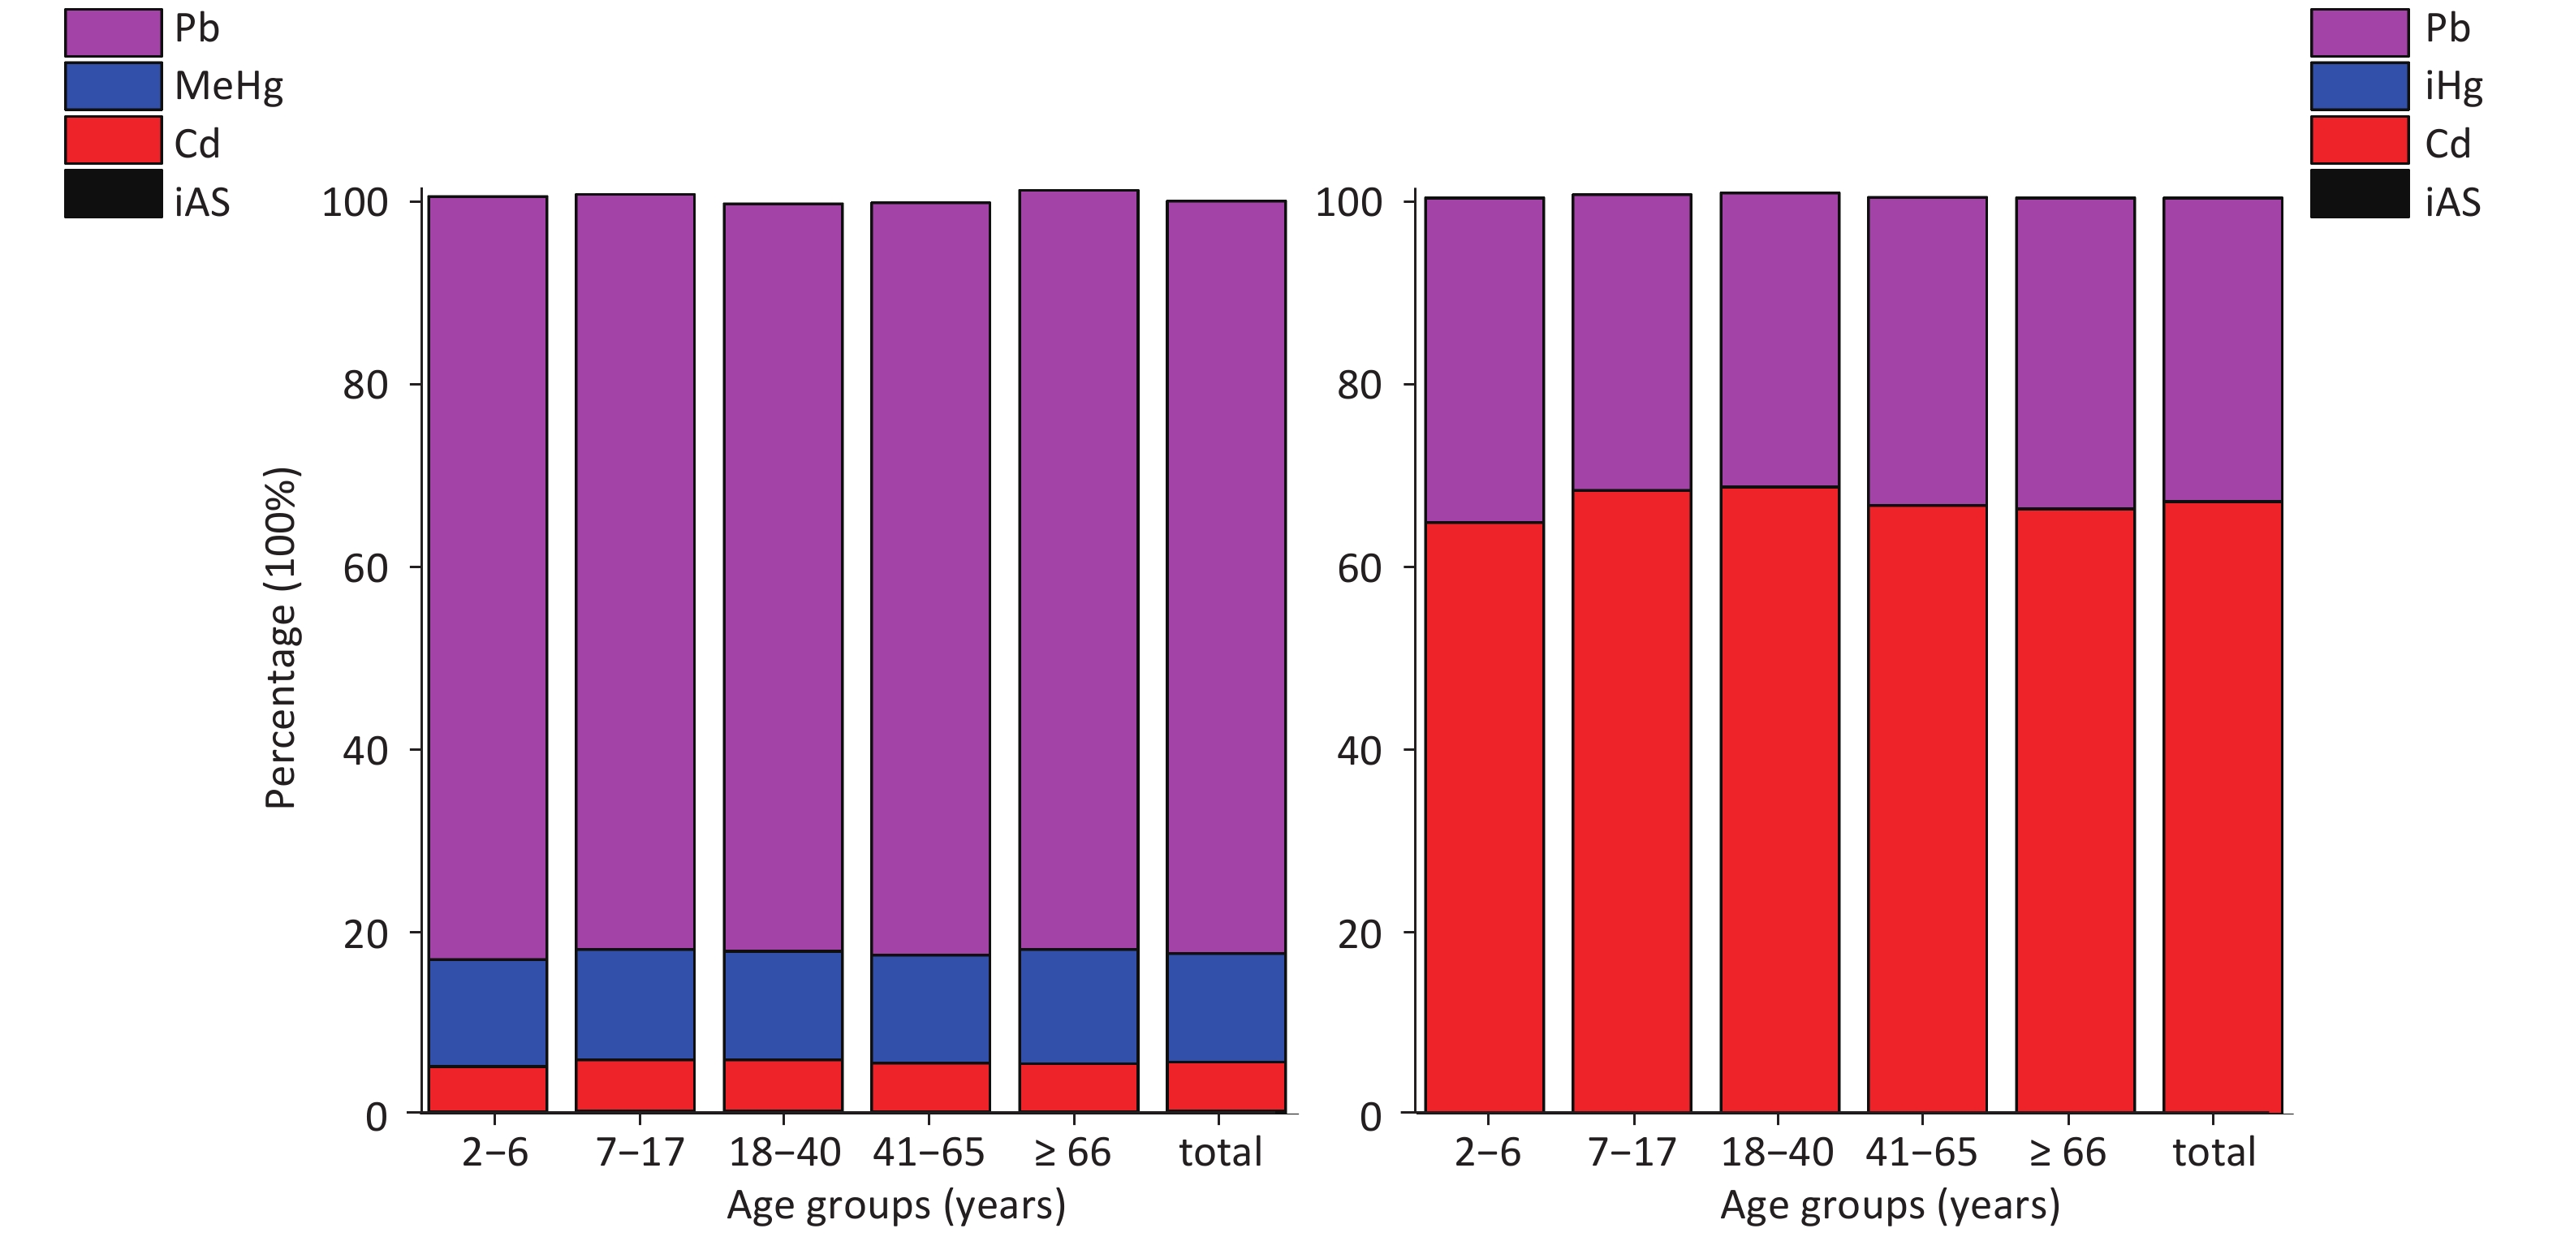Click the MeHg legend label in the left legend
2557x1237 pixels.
pyautogui.click(x=228, y=86)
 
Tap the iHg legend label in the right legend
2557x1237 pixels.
pyautogui.click(x=2453, y=86)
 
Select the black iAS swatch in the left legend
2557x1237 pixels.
pyautogui.click(x=113, y=195)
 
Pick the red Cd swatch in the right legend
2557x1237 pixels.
pyautogui.click(x=2358, y=140)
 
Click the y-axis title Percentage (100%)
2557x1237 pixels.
pyautogui.click(x=281, y=637)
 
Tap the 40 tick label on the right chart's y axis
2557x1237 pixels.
pyautogui.click(x=1359, y=751)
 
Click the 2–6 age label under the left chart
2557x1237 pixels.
pyautogui.click(x=494, y=1152)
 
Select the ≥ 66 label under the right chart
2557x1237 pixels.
pyautogui.click(x=2067, y=1152)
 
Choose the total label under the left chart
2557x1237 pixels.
pyautogui.click(x=1220, y=1152)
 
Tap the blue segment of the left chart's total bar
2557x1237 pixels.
pyautogui.click(x=1226, y=1006)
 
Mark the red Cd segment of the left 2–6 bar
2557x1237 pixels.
pyautogui.click(x=487, y=1088)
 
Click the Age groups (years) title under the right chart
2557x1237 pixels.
pyautogui.click(x=1889, y=1205)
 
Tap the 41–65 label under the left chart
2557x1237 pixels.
pyautogui.click(x=928, y=1152)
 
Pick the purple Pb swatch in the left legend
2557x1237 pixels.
pyautogui.click(x=113, y=32)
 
